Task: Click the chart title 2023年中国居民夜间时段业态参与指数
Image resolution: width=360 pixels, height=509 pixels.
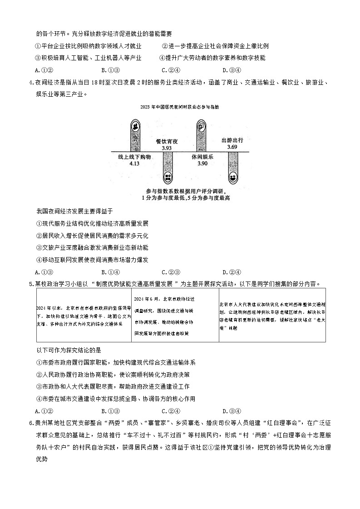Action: pos(180,107)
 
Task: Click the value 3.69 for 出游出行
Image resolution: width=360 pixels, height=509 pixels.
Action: pos(232,147)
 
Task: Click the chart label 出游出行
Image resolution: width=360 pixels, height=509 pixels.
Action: pos(232,140)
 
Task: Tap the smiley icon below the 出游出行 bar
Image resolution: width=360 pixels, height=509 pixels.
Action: pos(232,178)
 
